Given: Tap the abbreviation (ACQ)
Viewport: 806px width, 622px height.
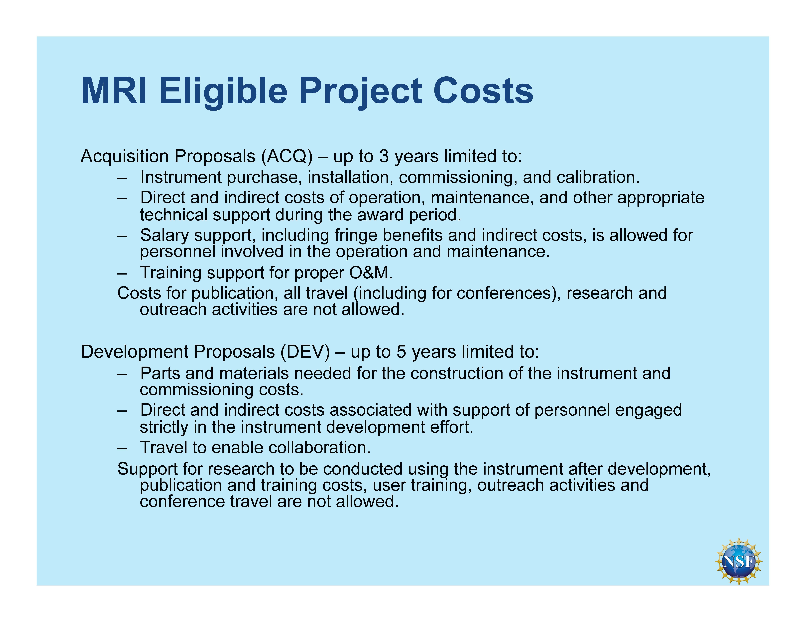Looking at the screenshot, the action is pos(287,156).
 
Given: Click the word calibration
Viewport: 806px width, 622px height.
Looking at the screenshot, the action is pos(598,177).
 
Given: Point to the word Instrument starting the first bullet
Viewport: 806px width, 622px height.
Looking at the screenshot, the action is pos(181,177).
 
